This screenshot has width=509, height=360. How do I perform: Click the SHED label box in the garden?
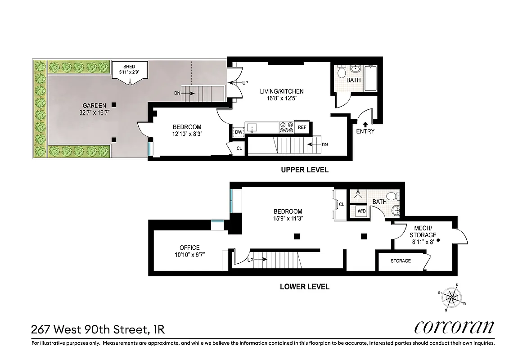tap(129, 70)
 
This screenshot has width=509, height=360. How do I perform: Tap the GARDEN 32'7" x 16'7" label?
tap(94, 109)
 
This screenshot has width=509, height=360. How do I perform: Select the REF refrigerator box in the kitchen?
tap(302, 127)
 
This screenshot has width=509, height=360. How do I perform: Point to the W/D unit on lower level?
tap(361, 211)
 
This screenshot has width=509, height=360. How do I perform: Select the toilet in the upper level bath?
tap(342, 72)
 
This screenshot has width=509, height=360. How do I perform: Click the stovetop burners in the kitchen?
tap(286, 127)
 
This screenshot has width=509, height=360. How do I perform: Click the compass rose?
tap(453, 297)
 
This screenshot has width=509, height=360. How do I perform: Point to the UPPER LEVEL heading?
tap(304, 170)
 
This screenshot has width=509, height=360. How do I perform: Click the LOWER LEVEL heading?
tap(304, 286)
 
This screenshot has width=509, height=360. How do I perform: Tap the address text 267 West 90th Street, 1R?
tap(98, 329)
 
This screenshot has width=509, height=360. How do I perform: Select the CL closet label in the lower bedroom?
tap(342, 204)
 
